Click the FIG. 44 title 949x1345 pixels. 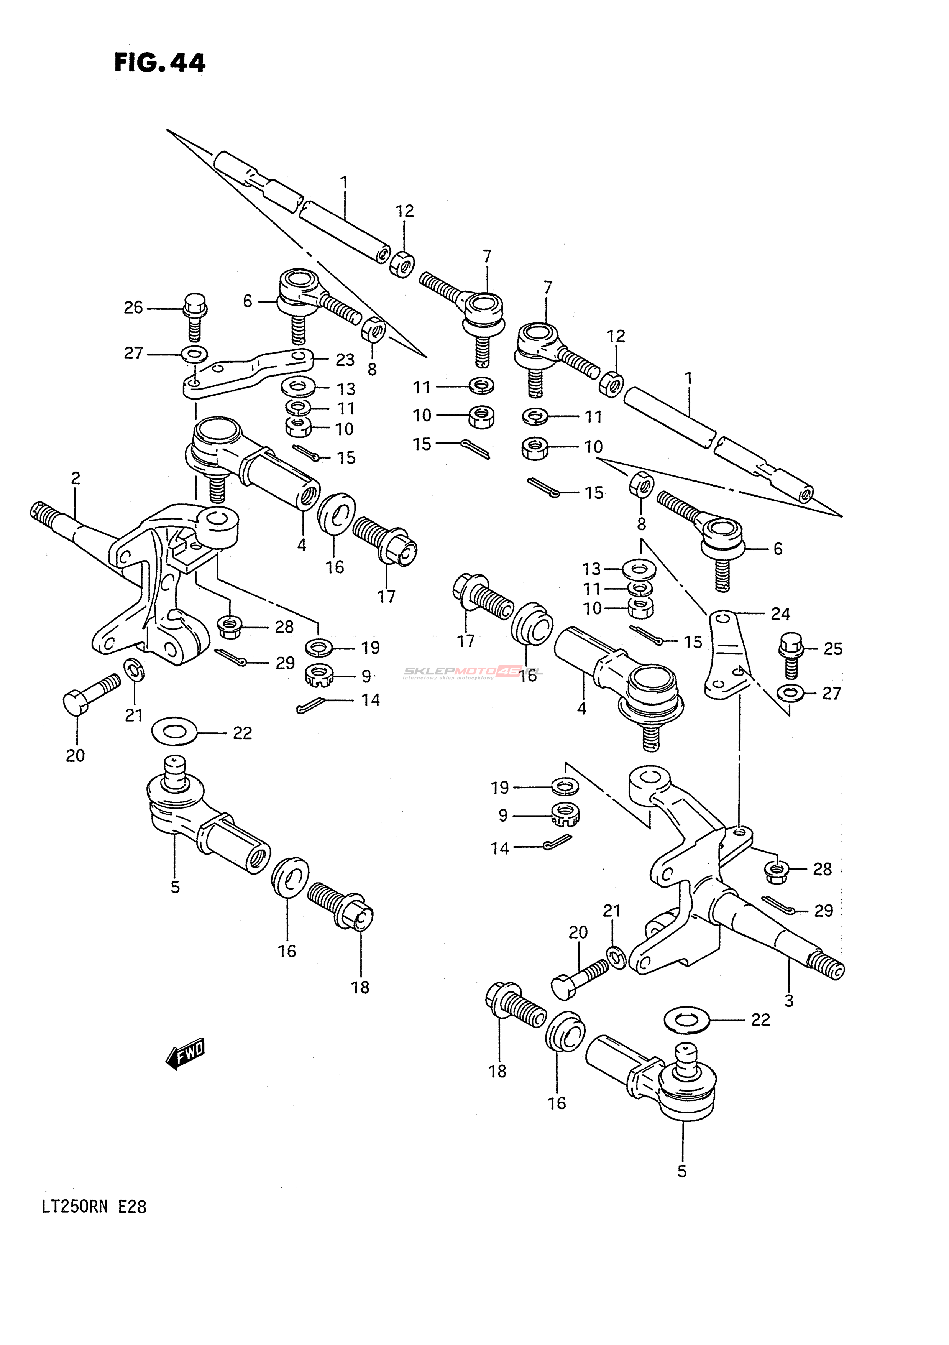pos(160,62)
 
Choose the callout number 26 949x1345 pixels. pos(133,307)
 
